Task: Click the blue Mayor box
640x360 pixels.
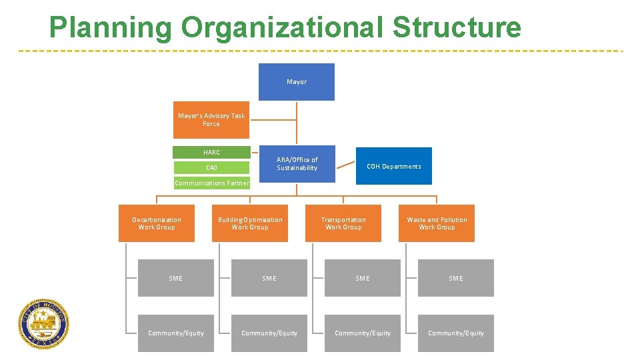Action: [x=297, y=82]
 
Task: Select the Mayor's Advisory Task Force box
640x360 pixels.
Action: [x=211, y=120]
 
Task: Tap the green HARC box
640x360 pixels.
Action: [x=211, y=153]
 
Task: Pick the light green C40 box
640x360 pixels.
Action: [x=211, y=168]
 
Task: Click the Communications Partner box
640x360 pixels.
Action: [x=211, y=183]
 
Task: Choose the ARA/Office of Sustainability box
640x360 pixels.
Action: [x=297, y=164]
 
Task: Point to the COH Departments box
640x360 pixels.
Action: [x=394, y=166]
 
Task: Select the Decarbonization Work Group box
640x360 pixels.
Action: [x=157, y=223]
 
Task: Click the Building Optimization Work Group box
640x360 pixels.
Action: [x=250, y=223]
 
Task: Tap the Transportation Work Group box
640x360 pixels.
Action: [x=343, y=223]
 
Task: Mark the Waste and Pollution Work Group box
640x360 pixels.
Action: [x=437, y=223]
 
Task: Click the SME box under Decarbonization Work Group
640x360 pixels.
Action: [x=176, y=278]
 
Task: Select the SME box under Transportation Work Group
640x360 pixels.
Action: [x=363, y=278]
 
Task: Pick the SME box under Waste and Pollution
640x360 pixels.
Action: [x=456, y=278]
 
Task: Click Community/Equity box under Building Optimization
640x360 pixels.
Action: [x=269, y=333]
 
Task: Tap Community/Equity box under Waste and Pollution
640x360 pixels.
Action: [x=456, y=333]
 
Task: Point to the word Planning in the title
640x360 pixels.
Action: [x=110, y=28]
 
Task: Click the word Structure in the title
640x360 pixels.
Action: [x=457, y=28]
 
